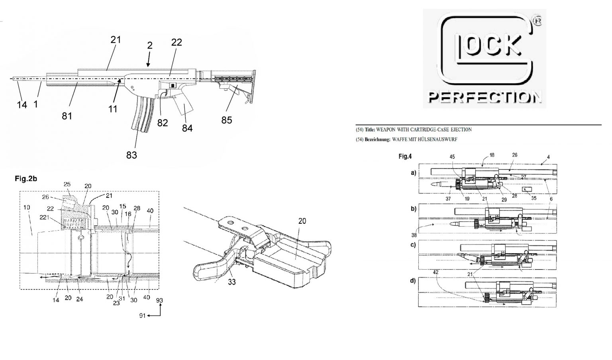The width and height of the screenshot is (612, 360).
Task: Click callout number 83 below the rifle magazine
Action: tap(131, 155)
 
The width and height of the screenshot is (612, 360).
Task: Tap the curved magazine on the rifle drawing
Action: tap(142, 113)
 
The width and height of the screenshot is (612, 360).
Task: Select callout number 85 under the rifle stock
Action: tap(226, 120)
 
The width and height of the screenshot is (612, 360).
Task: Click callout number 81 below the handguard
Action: tap(67, 116)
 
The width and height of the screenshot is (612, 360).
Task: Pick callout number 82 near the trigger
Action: tap(163, 123)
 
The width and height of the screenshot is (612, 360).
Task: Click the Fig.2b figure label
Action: tap(26, 179)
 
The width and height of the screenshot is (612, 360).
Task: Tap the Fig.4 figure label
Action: tap(405, 157)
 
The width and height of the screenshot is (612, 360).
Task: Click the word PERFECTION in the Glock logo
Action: tap(484, 97)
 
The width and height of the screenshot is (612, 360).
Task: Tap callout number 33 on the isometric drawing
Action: tap(231, 282)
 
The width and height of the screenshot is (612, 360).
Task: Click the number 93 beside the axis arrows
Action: tap(160, 300)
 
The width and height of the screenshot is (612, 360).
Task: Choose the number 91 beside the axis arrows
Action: tap(142, 316)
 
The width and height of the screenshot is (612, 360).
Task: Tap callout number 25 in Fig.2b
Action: tap(67, 185)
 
